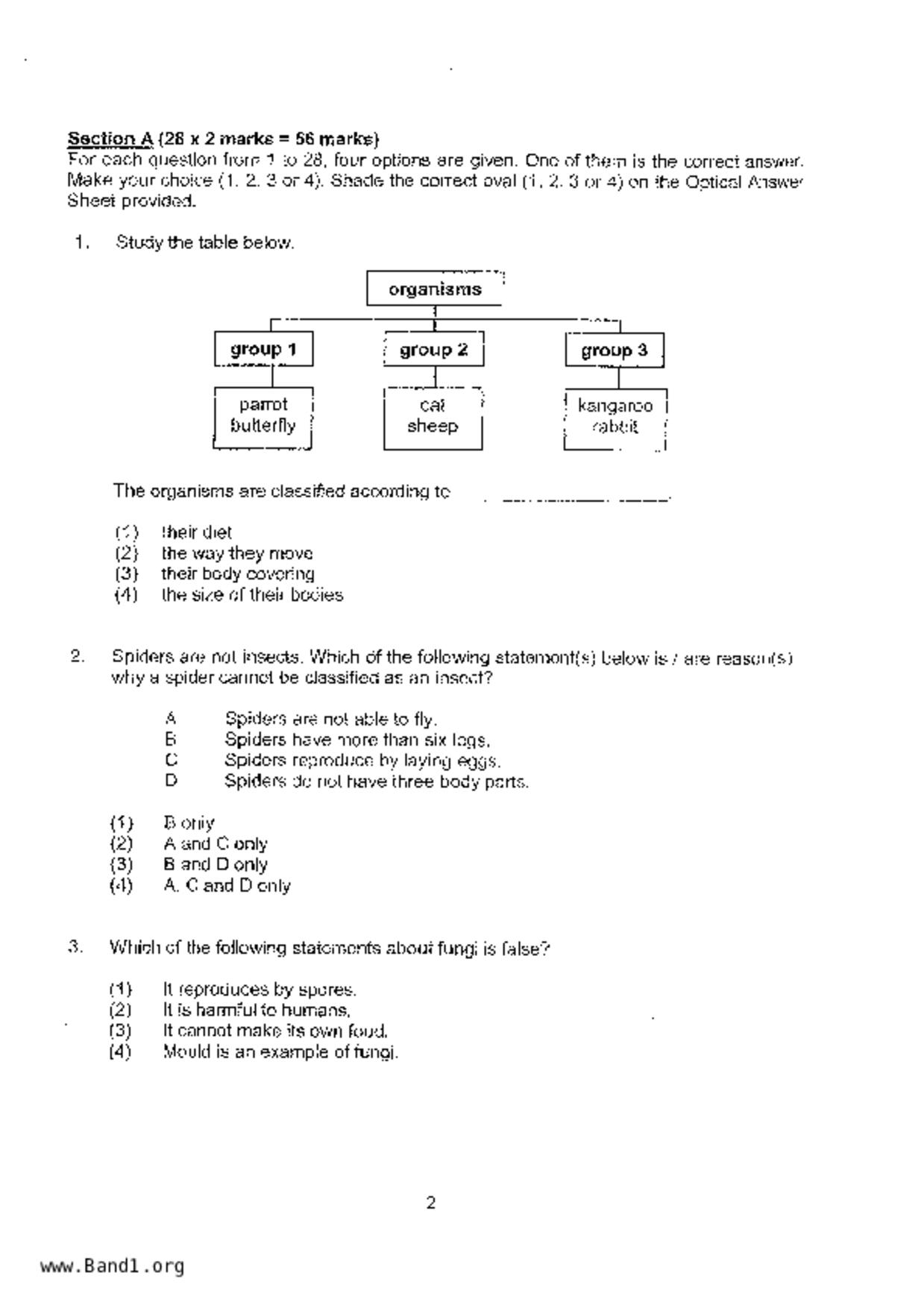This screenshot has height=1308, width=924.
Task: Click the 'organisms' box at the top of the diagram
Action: pyautogui.click(x=434, y=289)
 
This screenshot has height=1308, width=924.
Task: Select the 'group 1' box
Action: pyautogui.click(x=263, y=349)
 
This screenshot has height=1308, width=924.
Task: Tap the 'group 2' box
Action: pyautogui.click(x=433, y=350)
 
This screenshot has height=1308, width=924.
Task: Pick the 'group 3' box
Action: pyautogui.click(x=614, y=350)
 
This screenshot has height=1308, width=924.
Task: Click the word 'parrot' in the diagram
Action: pyautogui.click(x=263, y=405)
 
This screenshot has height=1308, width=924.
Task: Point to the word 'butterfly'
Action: pyautogui.click(x=263, y=426)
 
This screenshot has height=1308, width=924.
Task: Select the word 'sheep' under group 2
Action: pyautogui.click(x=433, y=427)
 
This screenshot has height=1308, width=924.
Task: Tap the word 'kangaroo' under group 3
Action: pyautogui.click(x=615, y=406)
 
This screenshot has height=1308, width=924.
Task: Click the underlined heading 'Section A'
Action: pyautogui.click(x=110, y=139)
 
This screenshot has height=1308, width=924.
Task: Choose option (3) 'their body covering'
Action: pyautogui.click(x=237, y=574)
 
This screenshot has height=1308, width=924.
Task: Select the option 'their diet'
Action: pyautogui.click(x=196, y=532)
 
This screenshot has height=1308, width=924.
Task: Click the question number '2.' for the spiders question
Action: pyautogui.click(x=78, y=657)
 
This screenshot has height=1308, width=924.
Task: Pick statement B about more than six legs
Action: pyautogui.click(x=357, y=740)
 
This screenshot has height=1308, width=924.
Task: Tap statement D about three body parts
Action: pyautogui.click(x=376, y=782)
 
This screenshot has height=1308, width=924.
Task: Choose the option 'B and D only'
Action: pyautogui.click(x=215, y=865)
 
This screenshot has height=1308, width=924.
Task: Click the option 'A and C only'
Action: pyautogui.click(x=215, y=844)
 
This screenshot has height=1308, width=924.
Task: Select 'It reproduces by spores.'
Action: pyautogui.click(x=259, y=990)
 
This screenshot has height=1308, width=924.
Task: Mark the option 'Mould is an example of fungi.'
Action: pyautogui.click(x=280, y=1052)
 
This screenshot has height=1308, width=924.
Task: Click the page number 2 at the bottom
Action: pyautogui.click(x=431, y=1203)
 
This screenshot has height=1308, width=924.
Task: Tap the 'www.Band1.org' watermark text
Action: pyautogui.click(x=113, y=1266)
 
